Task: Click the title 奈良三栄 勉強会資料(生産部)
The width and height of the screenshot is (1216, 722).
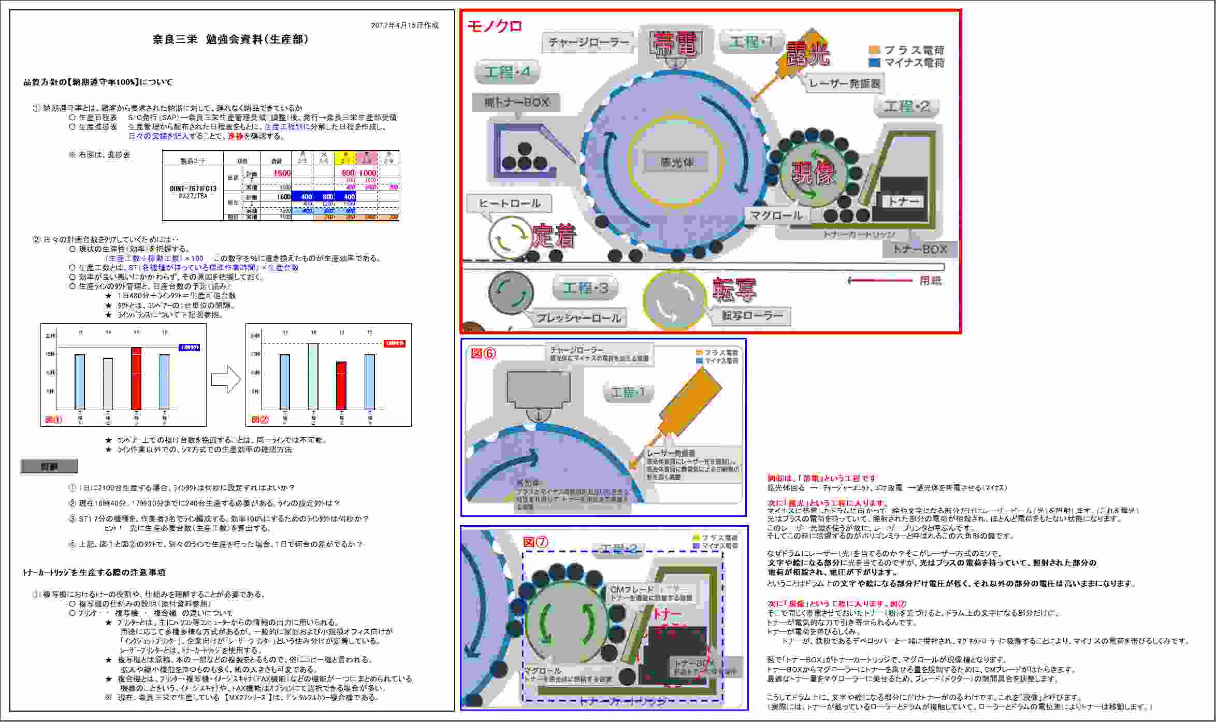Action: click(230, 39)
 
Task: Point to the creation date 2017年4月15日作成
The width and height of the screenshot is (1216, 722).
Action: click(404, 25)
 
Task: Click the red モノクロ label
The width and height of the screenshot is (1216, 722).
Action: click(495, 26)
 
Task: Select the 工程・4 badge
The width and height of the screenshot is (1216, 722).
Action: click(507, 72)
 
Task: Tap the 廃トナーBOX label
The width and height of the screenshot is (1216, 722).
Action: click(516, 103)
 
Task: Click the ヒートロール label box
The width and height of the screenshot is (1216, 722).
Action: click(509, 203)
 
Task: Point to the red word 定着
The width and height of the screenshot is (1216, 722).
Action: click(554, 236)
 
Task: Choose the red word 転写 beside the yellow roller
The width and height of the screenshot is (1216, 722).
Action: click(734, 290)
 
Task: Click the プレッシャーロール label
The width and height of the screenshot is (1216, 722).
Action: click(578, 318)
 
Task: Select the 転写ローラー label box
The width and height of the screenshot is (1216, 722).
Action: click(752, 315)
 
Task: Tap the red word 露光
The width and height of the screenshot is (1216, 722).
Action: click(808, 54)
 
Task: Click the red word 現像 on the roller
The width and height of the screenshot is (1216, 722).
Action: click(814, 173)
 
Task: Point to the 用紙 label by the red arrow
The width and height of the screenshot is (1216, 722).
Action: click(930, 281)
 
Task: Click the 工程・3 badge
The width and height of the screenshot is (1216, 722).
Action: click(585, 288)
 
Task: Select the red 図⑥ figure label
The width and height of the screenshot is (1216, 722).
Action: click(483, 353)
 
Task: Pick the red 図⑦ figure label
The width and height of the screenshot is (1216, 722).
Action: click(535, 542)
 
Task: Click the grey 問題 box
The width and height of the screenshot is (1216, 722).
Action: click(49, 467)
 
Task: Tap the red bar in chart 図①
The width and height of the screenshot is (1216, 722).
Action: click(136, 379)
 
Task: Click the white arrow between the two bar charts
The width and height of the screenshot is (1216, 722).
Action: click(226, 379)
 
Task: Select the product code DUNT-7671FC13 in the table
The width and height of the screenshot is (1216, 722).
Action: click(193, 189)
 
